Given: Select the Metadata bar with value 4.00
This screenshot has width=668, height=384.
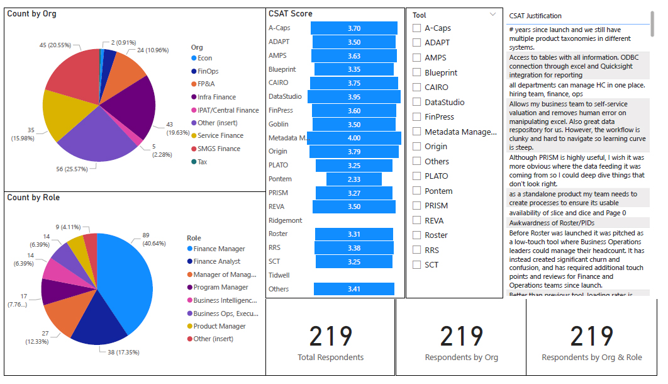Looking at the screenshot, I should (353, 138).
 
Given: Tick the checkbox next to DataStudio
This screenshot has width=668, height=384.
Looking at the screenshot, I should (416, 102).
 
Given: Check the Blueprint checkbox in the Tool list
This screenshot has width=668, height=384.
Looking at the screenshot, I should (416, 72).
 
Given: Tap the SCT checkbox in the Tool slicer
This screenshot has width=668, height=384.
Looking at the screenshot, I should (416, 264).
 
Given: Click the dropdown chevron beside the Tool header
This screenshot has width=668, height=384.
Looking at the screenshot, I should (493, 14).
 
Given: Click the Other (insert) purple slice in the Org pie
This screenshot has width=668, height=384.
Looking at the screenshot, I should (94, 138).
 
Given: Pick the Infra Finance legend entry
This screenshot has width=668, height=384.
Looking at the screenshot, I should (216, 97).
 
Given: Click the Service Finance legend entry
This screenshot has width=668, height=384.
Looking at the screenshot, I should (220, 135).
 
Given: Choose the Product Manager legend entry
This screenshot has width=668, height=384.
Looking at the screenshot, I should (220, 326).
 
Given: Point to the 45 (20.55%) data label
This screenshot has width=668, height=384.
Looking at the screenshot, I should (55, 45).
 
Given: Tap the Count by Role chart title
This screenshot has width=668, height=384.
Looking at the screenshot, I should (33, 198).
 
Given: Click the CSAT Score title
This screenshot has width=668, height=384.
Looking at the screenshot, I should (290, 13).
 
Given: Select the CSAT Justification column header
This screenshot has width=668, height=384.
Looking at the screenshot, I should (535, 16).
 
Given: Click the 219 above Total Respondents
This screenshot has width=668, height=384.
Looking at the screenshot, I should (331, 336).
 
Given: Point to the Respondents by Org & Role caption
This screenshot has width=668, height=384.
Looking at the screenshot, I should (592, 357).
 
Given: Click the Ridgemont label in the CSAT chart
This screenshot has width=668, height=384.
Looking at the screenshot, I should (285, 220).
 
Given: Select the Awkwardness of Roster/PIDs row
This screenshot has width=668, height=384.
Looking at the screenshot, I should (551, 223).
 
